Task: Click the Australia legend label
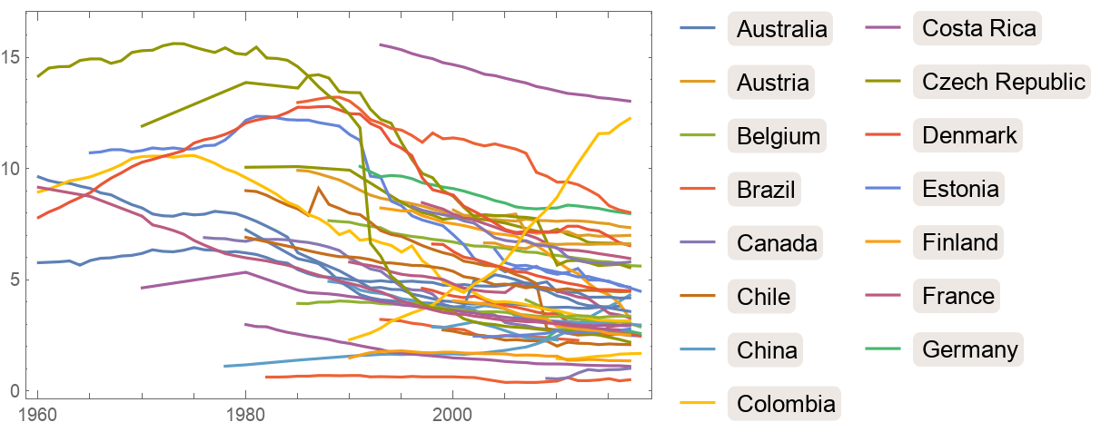click(782, 29)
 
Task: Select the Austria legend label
click(773, 83)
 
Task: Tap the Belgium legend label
click(779, 136)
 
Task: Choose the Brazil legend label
click(767, 190)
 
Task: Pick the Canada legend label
click(778, 242)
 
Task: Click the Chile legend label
click(763, 296)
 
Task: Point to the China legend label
click(767, 349)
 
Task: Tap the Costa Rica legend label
click(979, 29)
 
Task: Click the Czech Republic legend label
click(1004, 83)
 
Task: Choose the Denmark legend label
click(970, 136)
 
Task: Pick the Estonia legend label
click(961, 190)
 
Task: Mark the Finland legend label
click(960, 242)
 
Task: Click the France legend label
click(958, 296)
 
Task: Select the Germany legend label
click(970, 349)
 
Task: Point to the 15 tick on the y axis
click(15, 57)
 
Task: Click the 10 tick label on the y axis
click(15, 169)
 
